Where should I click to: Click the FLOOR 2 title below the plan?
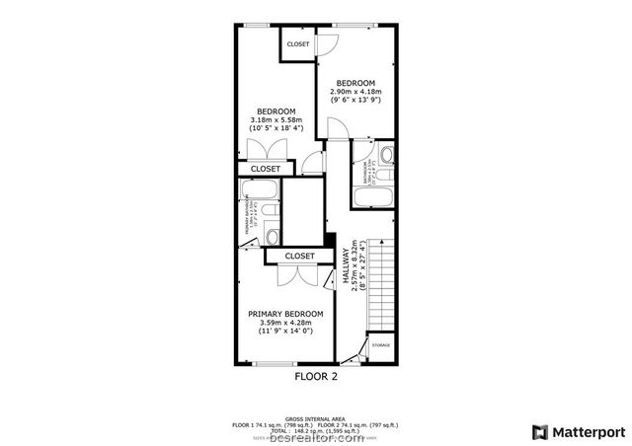point(316,376)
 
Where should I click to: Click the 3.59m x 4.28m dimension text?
point(285,323)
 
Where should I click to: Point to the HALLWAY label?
point(347,266)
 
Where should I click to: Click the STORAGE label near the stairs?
point(381,345)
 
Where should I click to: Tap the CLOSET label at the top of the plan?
point(297,44)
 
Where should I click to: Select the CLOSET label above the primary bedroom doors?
point(299,257)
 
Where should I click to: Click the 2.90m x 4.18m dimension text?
point(355,91)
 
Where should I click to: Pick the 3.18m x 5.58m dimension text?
point(276,120)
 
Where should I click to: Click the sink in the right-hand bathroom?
point(386,154)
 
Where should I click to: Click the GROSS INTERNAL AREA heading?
point(316,417)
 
